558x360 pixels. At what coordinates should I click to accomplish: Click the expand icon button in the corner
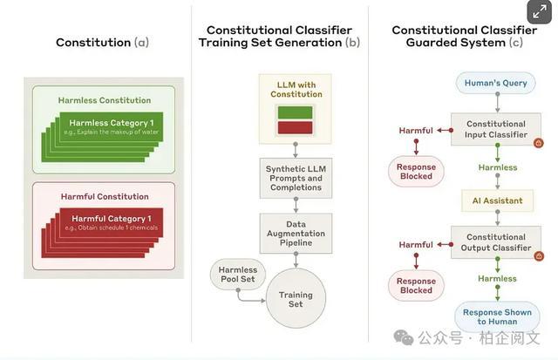(x=540, y=12)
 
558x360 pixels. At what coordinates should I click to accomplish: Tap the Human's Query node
(x=495, y=83)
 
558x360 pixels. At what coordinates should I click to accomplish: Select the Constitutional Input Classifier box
(x=496, y=129)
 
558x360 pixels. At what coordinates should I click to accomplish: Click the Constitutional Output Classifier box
(x=496, y=242)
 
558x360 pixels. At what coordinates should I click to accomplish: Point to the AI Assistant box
(x=497, y=200)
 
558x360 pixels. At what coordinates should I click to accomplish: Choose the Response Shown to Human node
(x=497, y=316)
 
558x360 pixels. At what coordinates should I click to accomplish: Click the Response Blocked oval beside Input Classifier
(x=416, y=172)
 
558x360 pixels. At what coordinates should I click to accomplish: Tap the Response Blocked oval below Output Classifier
(x=416, y=286)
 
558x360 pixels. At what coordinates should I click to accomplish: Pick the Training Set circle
(x=296, y=299)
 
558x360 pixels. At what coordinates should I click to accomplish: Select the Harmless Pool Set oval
(x=238, y=275)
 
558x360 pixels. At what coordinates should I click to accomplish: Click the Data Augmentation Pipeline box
(x=296, y=234)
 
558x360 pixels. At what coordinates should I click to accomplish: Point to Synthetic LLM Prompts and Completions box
(x=296, y=178)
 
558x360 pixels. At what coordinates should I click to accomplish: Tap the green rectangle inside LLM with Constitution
(x=295, y=112)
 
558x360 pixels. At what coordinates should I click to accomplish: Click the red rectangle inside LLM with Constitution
(x=295, y=128)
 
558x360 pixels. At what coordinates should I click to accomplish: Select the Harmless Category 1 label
(x=112, y=123)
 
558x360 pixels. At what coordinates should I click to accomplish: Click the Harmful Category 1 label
(x=112, y=219)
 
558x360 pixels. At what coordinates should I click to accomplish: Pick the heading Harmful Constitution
(x=105, y=196)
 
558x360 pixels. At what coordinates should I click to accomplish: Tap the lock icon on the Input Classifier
(x=539, y=143)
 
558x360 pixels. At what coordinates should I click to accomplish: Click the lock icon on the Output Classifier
(x=539, y=256)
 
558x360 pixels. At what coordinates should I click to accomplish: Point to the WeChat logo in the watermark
(x=404, y=337)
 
